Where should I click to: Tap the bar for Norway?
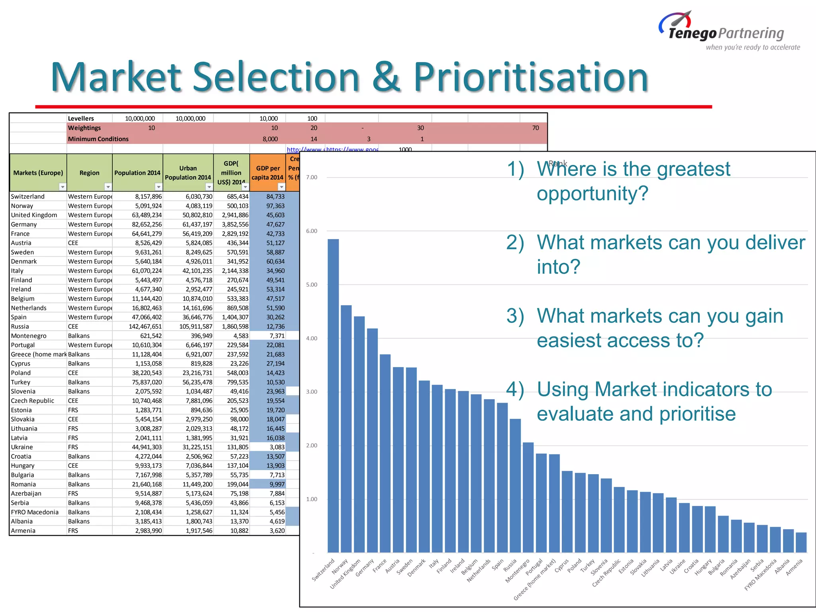(346, 428)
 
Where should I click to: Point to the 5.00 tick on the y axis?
(312, 284)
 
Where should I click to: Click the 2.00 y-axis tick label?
(312, 445)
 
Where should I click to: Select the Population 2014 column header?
(137, 173)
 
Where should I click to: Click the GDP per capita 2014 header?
(267, 173)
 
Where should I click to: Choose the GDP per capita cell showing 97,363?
(275, 206)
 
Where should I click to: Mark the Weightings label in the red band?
(84, 128)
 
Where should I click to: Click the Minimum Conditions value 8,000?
(270, 139)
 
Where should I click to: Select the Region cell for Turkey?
(79, 382)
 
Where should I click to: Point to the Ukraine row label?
(22, 447)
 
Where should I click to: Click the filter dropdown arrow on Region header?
(108, 186)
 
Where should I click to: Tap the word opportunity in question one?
(592, 194)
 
